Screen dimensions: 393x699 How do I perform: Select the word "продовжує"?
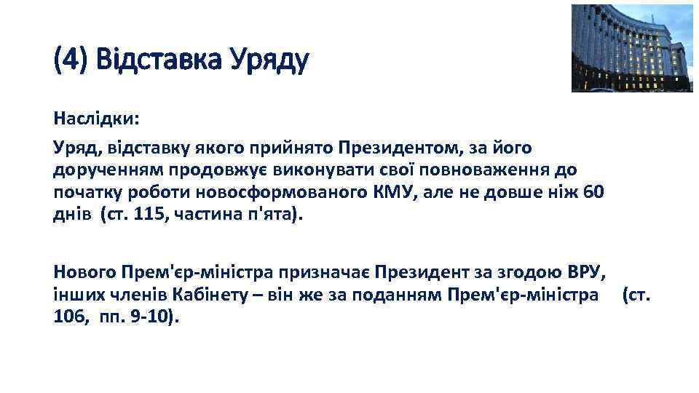coord(190,170)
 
